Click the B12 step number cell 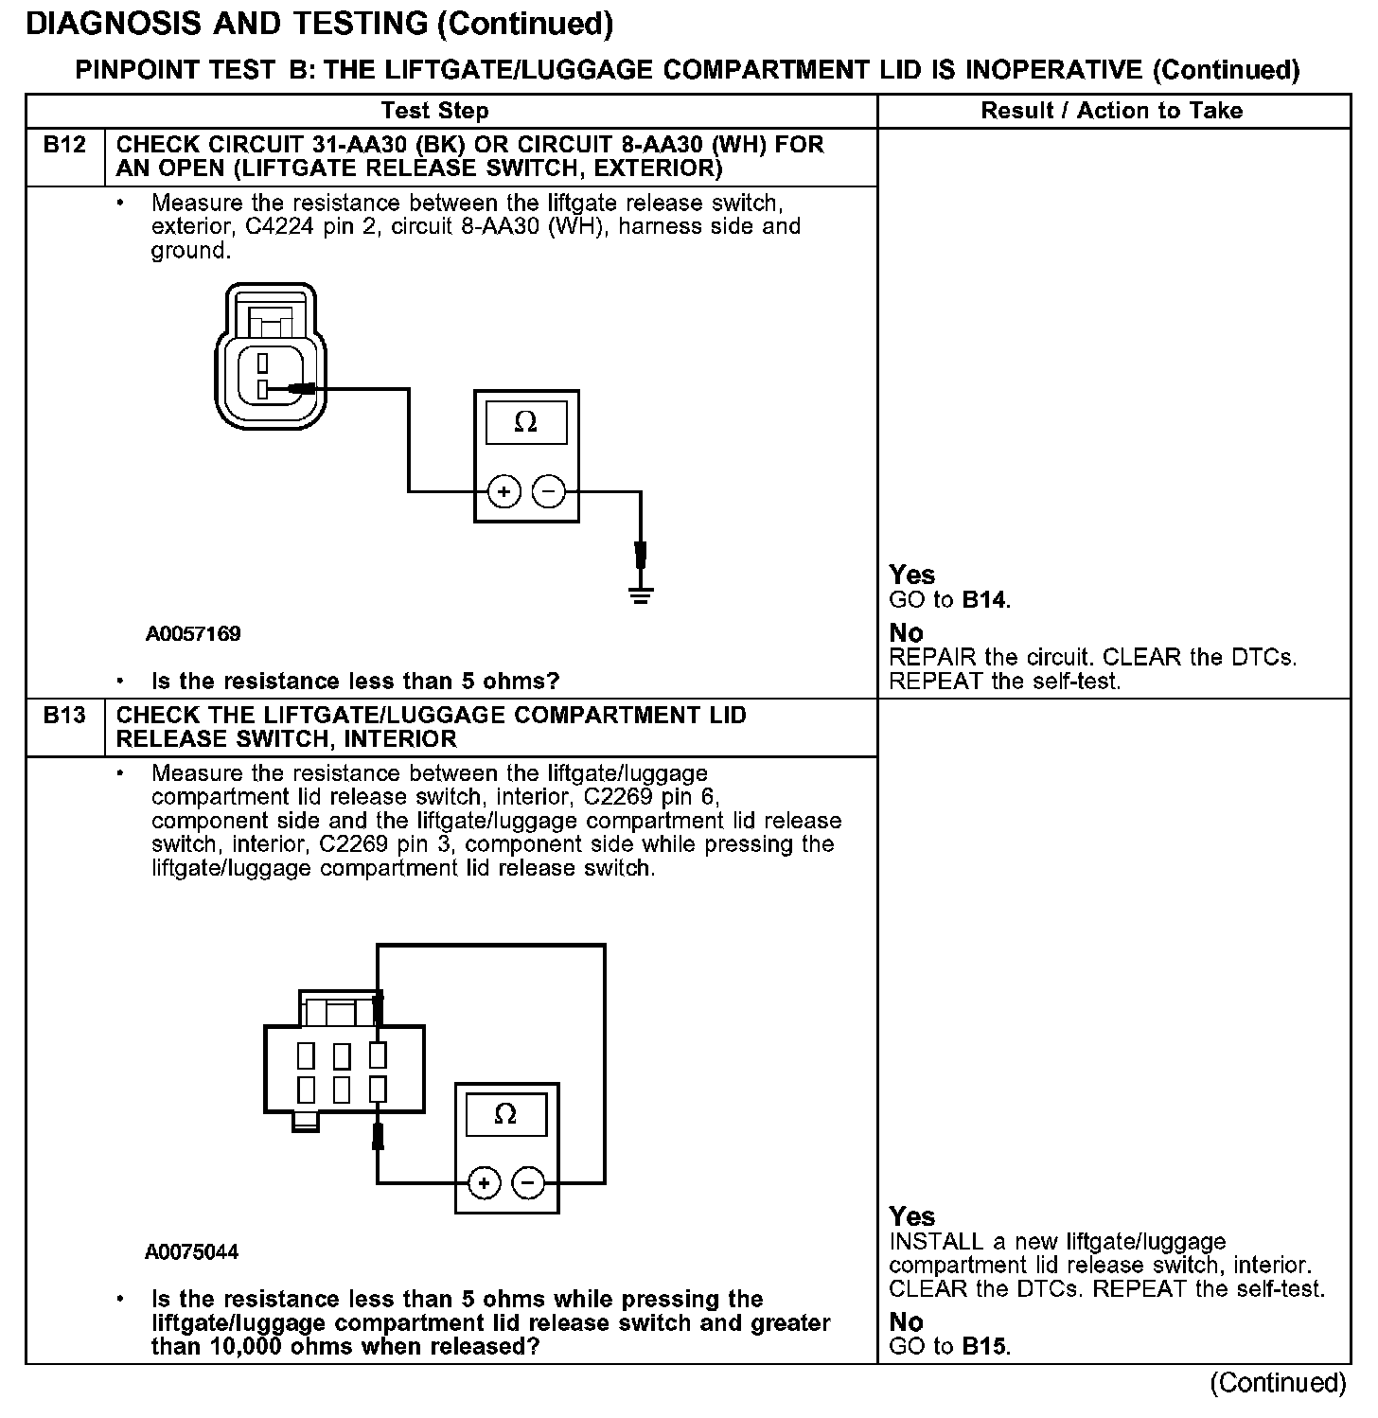[x=64, y=146]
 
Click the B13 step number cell [x=64, y=716]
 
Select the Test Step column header [x=434, y=111]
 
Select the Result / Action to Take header [x=1111, y=111]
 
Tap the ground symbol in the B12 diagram [x=641, y=594]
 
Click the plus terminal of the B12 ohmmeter [x=504, y=491]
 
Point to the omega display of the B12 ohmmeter [x=525, y=422]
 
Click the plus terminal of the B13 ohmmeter [x=485, y=1182]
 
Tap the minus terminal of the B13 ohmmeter [x=528, y=1182]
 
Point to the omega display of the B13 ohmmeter [x=505, y=1114]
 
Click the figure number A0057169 [x=193, y=634]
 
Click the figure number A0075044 [x=192, y=1252]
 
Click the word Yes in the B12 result [x=912, y=575]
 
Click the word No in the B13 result [x=906, y=1321]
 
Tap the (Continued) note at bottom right [x=1278, y=1383]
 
